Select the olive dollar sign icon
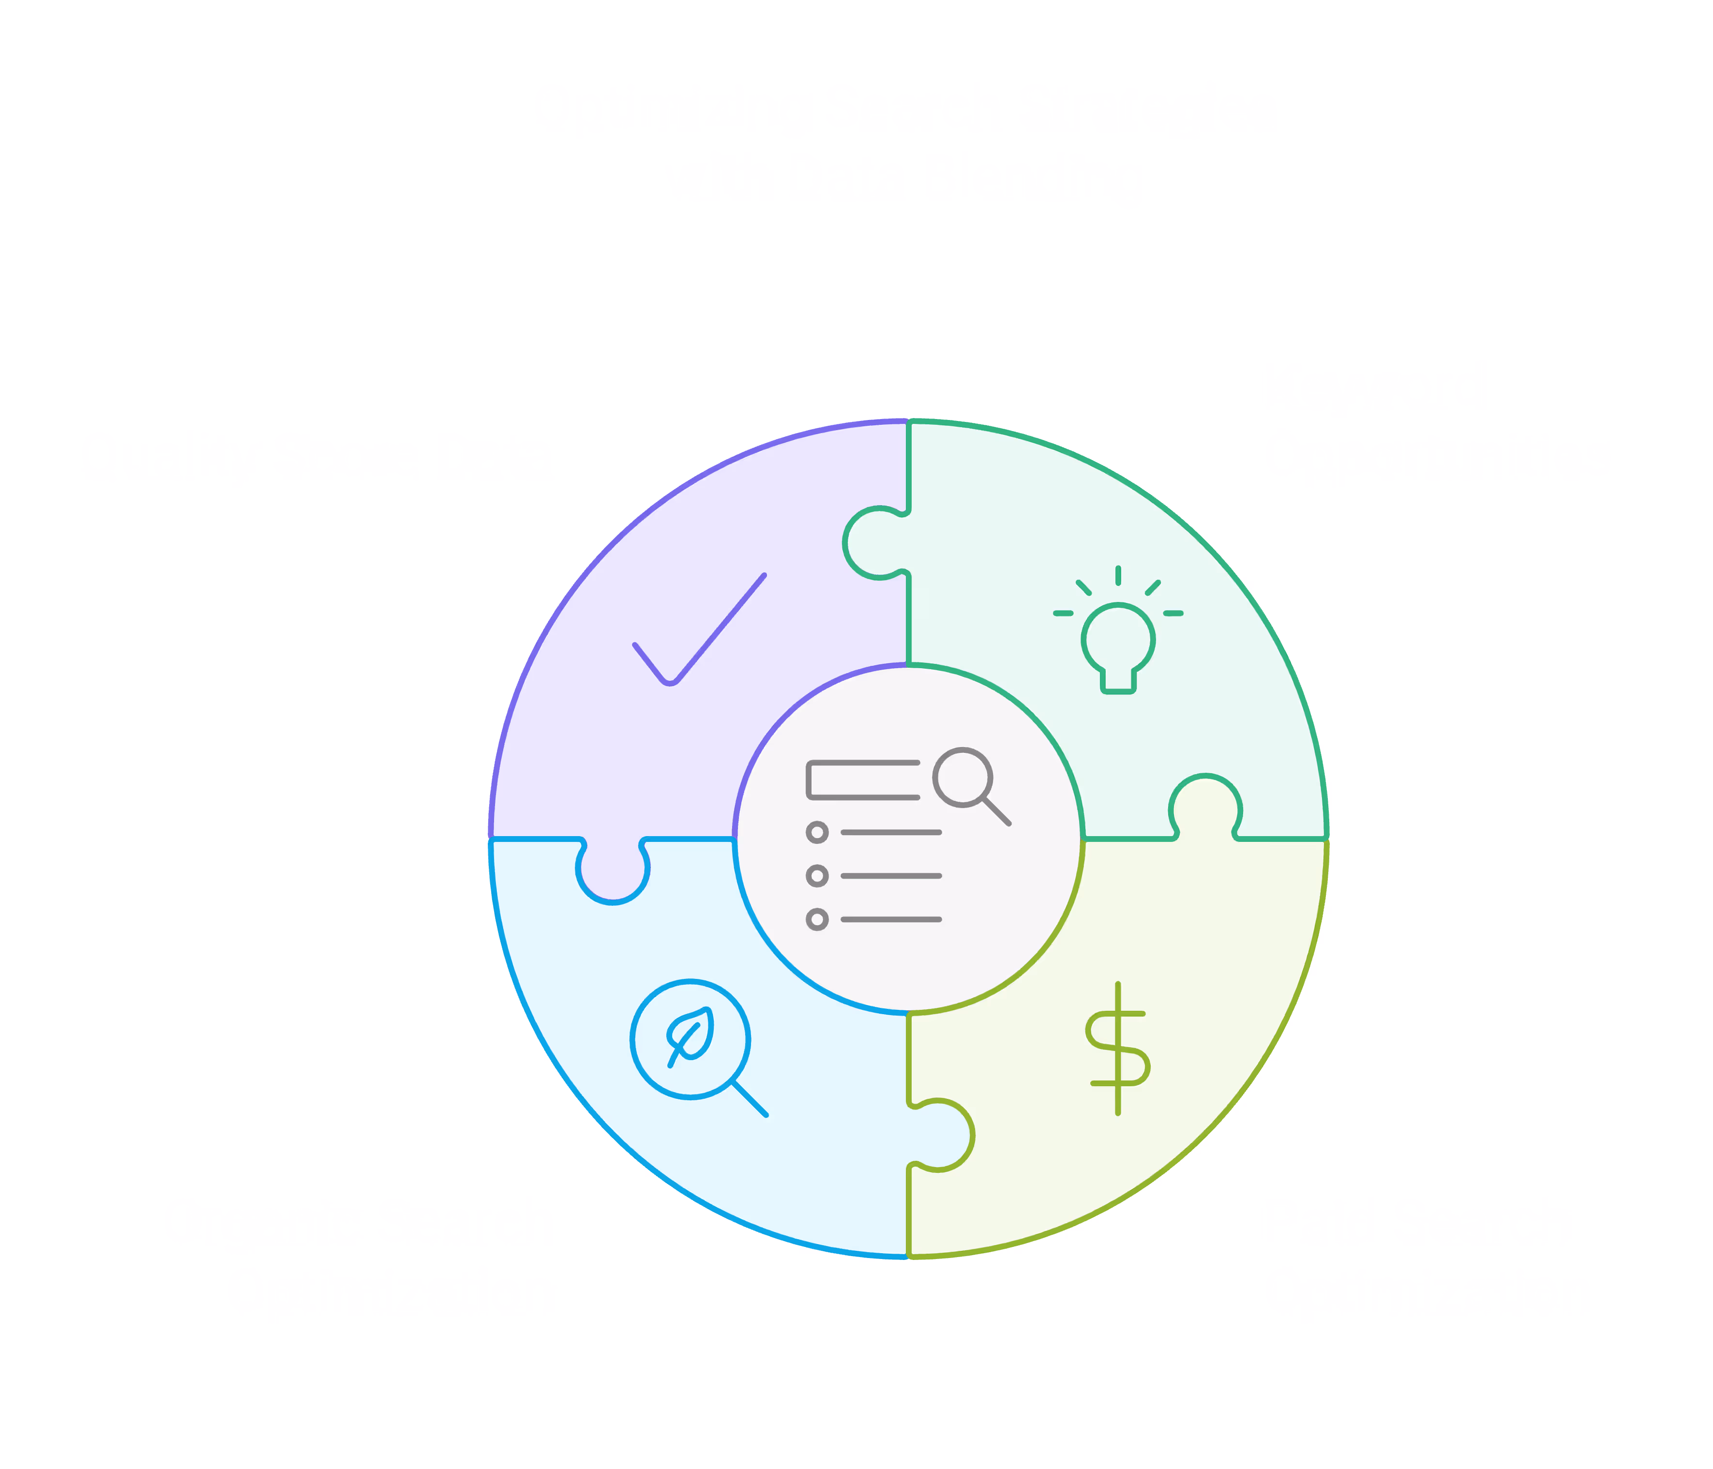pos(1118,1048)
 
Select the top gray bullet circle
pos(817,832)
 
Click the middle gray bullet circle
pos(817,875)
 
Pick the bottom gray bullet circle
pos(817,919)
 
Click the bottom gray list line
pos(891,919)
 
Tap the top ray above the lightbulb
pos(1118,575)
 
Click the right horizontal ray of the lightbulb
pos(1173,614)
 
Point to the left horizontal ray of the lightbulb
pos(1063,614)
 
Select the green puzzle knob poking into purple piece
pos(876,543)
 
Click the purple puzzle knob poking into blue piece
pos(613,870)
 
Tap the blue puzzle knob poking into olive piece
pos(941,1135)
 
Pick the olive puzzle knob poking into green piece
pos(1205,809)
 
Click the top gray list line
pos(891,832)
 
